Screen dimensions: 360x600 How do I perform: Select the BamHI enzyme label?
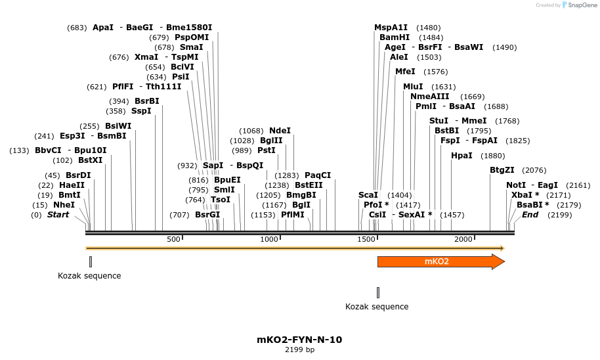(x=395, y=37)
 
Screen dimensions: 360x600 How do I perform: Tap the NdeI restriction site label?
(x=280, y=131)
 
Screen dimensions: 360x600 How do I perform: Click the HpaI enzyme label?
(x=461, y=156)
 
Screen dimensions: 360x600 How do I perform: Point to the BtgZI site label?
(x=502, y=170)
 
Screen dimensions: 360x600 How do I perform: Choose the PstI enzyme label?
(x=267, y=150)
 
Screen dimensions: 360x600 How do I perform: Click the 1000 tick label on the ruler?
(x=270, y=239)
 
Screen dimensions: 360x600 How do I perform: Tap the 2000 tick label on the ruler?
(x=463, y=239)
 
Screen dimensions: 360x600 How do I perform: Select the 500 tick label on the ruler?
(x=173, y=239)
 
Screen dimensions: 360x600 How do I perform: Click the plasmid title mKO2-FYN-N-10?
(x=299, y=340)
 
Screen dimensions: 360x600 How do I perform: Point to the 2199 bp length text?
(x=299, y=349)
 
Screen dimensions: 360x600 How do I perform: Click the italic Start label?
(x=58, y=215)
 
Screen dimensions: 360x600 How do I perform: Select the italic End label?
(x=530, y=215)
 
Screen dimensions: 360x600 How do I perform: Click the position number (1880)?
(x=492, y=156)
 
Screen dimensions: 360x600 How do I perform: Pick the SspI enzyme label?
(x=141, y=111)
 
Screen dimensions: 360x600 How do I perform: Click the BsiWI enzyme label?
(x=118, y=126)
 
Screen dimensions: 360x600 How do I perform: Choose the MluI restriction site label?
(x=413, y=87)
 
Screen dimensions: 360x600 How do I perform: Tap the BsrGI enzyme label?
(x=207, y=215)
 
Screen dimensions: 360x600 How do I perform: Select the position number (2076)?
(x=534, y=170)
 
